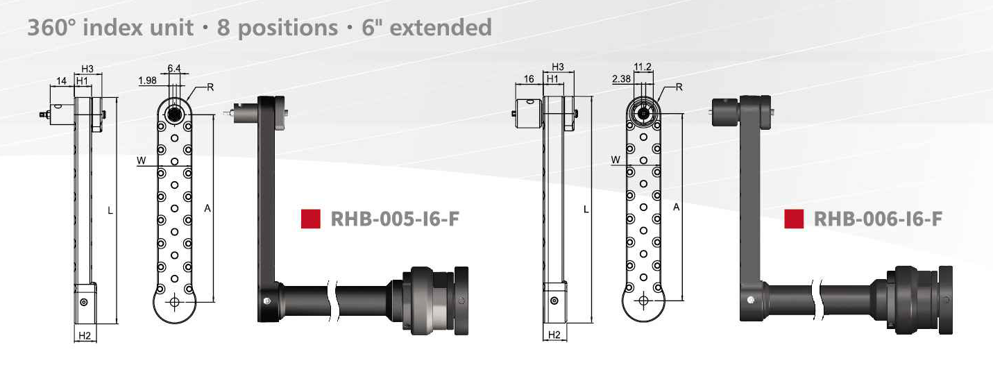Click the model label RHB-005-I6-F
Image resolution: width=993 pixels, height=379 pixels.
coord(395,219)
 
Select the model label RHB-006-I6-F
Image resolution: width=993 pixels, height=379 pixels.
coord(877,219)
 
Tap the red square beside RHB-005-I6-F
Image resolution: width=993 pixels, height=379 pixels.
coord(310,219)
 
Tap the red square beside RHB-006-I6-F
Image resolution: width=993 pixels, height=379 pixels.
coord(794,219)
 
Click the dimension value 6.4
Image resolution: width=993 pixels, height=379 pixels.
coord(173,68)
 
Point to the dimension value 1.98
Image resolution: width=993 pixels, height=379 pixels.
coord(147,81)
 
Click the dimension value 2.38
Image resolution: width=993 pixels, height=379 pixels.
coord(621,80)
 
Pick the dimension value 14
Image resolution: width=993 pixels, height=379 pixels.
coord(61,81)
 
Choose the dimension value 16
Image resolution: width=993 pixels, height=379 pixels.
coord(529,79)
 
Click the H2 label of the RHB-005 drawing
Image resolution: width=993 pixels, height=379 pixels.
coord(85,336)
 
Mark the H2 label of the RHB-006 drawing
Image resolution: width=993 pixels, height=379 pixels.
coord(554,335)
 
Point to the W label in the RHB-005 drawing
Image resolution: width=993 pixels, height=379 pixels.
coord(142,161)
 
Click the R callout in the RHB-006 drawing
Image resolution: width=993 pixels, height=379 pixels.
coord(679,87)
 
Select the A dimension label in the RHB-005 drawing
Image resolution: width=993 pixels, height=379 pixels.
coord(207,208)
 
